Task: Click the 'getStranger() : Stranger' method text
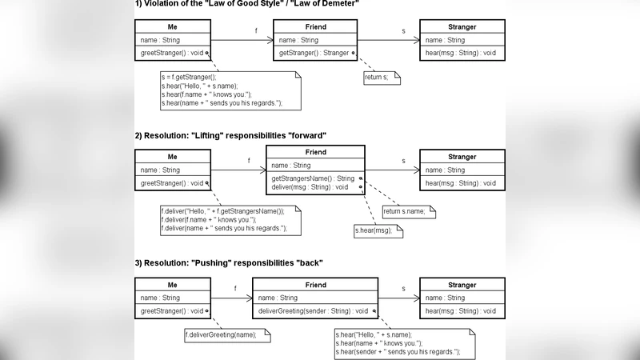pyautogui.click(x=314, y=53)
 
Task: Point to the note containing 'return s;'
pyautogui.click(x=380, y=78)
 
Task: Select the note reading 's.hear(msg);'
pyautogui.click(x=377, y=230)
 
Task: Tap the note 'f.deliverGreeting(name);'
pyautogui.click(x=221, y=334)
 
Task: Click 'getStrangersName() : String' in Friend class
pyautogui.click(x=312, y=178)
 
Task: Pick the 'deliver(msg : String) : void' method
pyautogui.click(x=310, y=187)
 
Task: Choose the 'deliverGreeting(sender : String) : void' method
pyautogui.click(x=312, y=310)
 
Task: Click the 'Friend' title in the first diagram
pyautogui.click(x=315, y=27)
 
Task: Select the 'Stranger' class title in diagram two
pyautogui.click(x=462, y=157)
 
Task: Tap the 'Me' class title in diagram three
pyautogui.click(x=172, y=285)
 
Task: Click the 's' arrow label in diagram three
pyautogui.click(x=402, y=289)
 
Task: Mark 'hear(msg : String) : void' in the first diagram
pyautogui.click(x=460, y=53)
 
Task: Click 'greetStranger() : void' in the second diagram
pyautogui.click(x=171, y=183)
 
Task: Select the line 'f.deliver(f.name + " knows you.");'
pyautogui.click(x=208, y=220)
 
